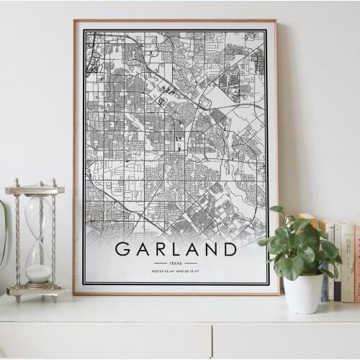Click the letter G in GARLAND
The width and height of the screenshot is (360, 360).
pyautogui.click(x=123, y=249)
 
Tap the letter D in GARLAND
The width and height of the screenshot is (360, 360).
pyautogui.click(x=228, y=249)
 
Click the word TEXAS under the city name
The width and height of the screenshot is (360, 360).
pyautogui.click(x=176, y=264)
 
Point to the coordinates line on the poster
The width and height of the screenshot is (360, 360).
pyautogui.click(x=176, y=271)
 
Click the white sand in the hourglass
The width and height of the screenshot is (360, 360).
pyautogui.click(x=38, y=273)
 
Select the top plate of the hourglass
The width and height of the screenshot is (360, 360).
pyautogui.click(x=35, y=190)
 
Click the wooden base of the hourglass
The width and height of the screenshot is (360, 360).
pyautogui.click(x=35, y=292)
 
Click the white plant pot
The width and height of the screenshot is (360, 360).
pyautogui.click(x=303, y=293)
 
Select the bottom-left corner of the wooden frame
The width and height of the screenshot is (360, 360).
pyautogui.click(x=74, y=293)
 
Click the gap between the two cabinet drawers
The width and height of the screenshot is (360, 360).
pyautogui.click(x=212, y=341)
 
